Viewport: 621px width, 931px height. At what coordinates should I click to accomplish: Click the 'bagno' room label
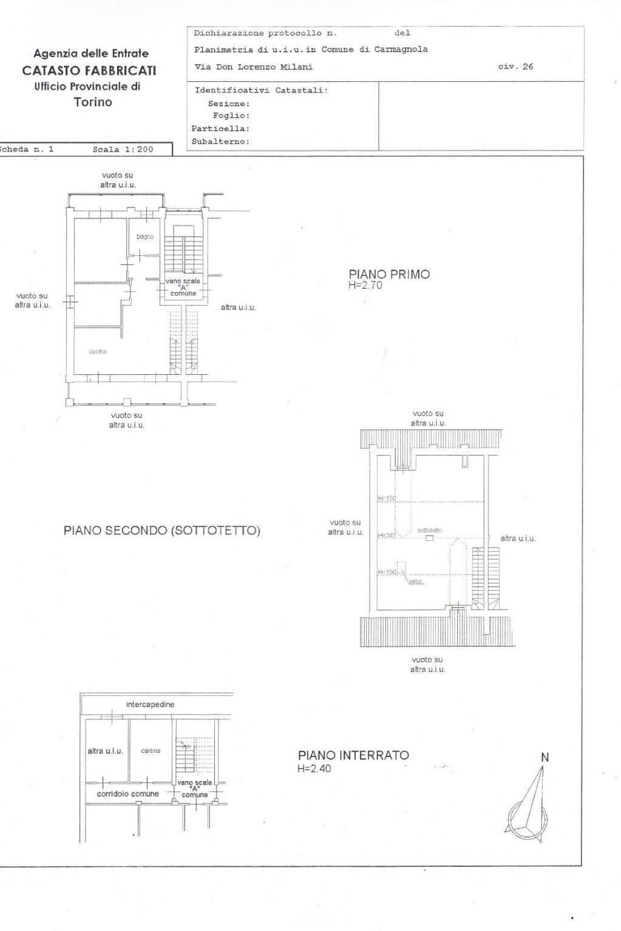tap(144, 237)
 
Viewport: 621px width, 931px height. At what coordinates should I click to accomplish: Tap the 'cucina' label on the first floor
tap(98, 352)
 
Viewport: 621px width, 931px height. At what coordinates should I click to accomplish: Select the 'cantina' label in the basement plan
tap(151, 751)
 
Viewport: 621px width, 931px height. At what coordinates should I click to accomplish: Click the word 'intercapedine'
tap(150, 704)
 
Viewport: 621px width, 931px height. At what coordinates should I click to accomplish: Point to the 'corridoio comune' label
tap(127, 794)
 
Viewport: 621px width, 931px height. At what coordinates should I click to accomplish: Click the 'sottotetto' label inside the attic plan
tap(429, 530)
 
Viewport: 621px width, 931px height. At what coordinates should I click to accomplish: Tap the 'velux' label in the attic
tap(415, 581)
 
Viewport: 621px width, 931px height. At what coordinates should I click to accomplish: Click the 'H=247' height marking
tap(387, 536)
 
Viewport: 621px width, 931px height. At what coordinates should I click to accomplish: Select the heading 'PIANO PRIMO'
tap(389, 274)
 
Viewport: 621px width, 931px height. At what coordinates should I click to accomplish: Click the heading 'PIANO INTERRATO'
tap(353, 755)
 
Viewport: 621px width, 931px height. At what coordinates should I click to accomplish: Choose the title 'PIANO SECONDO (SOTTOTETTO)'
tap(161, 531)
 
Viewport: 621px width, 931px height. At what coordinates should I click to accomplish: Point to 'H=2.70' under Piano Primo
tap(365, 285)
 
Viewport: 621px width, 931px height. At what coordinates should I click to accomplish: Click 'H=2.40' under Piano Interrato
tap(314, 768)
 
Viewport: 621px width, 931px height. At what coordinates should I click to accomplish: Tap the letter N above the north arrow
tap(545, 757)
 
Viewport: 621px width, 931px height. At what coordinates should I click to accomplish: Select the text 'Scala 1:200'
tap(123, 149)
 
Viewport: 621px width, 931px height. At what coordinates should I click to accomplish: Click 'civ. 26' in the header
tap(515, 67)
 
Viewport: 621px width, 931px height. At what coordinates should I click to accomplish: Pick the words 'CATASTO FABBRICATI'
tap(89, 70)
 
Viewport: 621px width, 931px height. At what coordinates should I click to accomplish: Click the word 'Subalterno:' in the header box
tap(220, 141)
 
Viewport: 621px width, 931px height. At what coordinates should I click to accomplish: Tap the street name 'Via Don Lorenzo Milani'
tap(254, 67)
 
